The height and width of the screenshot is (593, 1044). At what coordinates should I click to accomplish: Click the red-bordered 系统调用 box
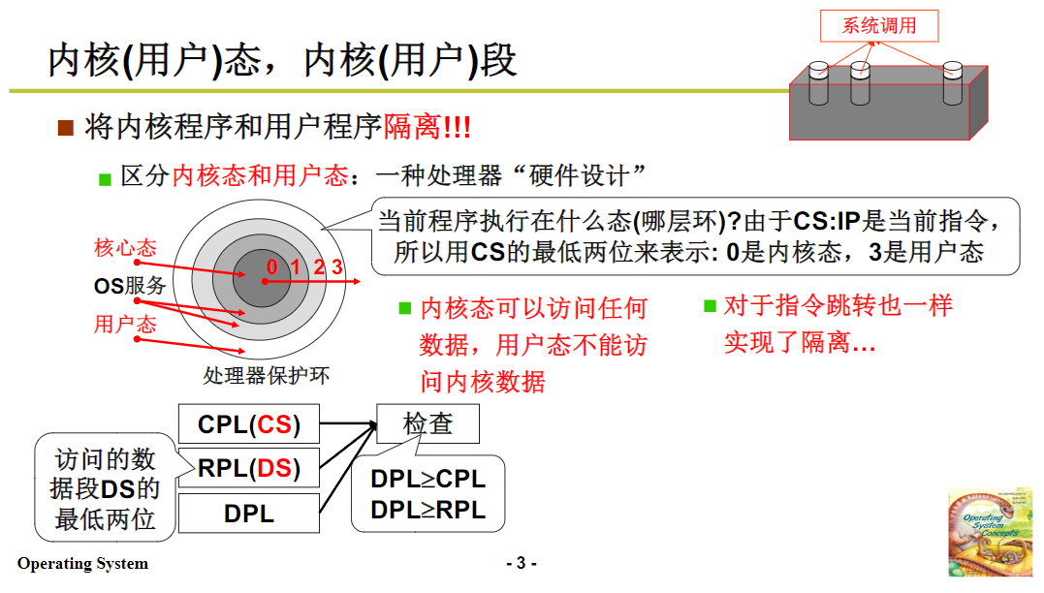[x=879, y=26]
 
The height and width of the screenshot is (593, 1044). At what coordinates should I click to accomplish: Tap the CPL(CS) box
[x=249, y=424]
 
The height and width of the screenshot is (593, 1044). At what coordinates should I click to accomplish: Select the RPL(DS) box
[x=249, y=469]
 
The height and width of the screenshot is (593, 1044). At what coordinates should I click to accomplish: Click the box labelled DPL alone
[x=249, y=513]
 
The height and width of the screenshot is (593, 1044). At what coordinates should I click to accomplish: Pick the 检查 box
[x=427, y=423]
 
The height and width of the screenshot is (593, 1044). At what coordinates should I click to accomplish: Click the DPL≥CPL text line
[x=427, y=480]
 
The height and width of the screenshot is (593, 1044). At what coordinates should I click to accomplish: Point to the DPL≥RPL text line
[x=427, y=510]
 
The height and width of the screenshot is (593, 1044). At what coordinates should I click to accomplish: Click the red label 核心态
[x=125, y=247]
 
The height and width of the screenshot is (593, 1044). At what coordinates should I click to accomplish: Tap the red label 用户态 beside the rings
[x=125, y=324]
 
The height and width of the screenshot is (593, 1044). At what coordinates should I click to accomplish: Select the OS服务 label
[x=130, y=285]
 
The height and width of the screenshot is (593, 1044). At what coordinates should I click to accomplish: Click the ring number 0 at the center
[x=271, y=267]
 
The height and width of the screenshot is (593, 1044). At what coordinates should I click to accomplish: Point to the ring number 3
[x=336, y=267]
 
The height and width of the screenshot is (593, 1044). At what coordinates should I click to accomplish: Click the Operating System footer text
[x=82, y=564]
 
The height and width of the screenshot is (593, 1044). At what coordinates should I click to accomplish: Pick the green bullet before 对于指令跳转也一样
[x=711, y=307]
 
